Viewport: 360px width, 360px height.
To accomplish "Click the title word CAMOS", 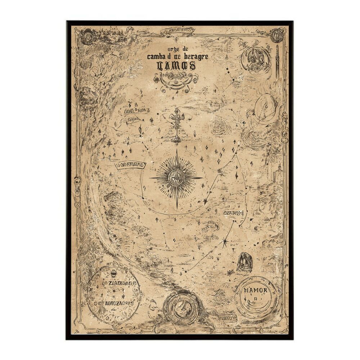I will click(176, 66).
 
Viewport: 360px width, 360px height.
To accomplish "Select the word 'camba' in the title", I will click(157, 57).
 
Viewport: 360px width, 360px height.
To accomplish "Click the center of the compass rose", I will click(176, 177).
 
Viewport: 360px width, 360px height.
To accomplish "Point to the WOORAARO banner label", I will click(130, 165).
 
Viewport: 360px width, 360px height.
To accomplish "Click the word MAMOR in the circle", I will click(255, 290).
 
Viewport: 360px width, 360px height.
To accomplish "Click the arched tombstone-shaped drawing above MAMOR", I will click(244, 262).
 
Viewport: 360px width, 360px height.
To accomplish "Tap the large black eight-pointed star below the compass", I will click(225, 241).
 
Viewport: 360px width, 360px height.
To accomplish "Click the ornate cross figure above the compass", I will click(176, 124).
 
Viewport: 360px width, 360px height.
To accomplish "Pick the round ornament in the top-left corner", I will click(87, 36).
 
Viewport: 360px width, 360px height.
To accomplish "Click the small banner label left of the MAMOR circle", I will click(227, 318).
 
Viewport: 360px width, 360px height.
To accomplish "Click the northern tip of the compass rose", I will click(177, 150).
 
